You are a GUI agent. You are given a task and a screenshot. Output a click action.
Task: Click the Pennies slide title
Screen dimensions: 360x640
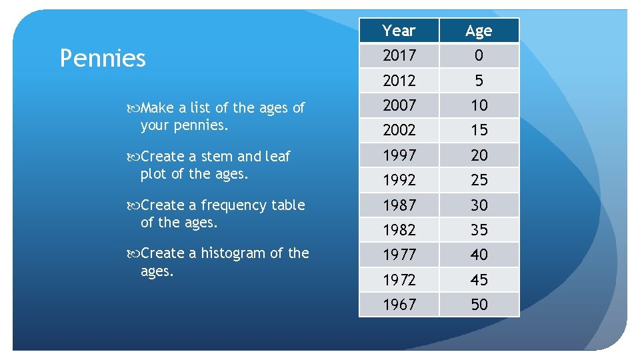103,59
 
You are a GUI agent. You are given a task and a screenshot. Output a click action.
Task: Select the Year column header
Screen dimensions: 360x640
399,31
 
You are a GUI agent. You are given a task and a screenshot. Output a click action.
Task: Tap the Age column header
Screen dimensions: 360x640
479,31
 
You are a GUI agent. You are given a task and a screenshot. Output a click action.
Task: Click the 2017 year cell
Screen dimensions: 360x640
399,55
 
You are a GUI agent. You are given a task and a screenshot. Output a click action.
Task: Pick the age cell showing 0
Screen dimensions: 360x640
479,55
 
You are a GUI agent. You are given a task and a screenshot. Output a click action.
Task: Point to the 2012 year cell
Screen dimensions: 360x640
399,81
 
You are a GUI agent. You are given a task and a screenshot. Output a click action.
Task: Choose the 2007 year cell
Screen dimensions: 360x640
399,105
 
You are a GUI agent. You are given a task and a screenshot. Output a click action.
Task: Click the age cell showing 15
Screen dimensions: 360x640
479,130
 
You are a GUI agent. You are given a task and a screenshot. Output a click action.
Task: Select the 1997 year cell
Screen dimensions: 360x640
399,155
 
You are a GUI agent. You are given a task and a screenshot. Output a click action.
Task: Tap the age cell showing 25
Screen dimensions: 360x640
479,180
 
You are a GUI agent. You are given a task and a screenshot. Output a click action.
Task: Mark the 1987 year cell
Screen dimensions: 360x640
399,205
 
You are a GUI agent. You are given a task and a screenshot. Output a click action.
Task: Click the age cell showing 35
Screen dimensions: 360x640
479,230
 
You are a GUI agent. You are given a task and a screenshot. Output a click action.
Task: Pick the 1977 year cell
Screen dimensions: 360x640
399,255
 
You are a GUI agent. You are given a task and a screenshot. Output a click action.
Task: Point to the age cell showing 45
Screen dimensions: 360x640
479,280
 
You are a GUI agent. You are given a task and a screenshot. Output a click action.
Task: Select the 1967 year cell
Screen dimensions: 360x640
399,305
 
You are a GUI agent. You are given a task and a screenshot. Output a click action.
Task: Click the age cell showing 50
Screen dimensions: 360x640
479,305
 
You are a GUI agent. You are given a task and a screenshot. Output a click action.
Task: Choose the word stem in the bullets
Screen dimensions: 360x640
217,157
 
